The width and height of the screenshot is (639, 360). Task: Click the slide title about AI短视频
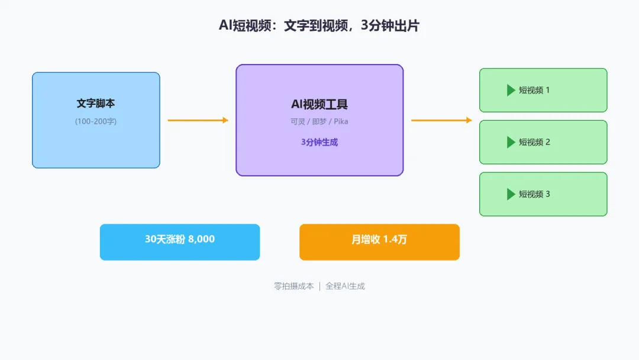point(319,26)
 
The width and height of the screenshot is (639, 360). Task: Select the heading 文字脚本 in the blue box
point(96,104)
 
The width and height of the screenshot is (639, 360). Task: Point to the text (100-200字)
point(96,121)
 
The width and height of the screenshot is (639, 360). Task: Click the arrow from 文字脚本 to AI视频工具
point(198,120)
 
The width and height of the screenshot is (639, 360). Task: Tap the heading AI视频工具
point(319,105)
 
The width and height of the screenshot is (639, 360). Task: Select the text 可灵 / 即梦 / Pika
point(319,122)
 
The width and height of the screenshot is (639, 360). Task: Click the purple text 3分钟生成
point(319,142)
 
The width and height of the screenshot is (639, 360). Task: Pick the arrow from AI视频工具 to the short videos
point(441,120)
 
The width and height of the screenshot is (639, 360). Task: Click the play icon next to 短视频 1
point(511,90)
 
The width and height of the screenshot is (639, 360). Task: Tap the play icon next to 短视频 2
point(511,142)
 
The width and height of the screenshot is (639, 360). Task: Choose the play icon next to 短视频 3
point(511,194)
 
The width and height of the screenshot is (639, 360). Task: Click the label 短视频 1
point(534,90)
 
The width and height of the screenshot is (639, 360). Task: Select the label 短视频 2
point(534,142)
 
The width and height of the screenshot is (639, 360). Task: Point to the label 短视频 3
point(534,194)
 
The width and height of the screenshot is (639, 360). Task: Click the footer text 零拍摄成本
point(293,286)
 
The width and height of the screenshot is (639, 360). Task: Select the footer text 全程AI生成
point(345,286)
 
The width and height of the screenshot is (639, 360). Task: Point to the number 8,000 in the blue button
point(201,239)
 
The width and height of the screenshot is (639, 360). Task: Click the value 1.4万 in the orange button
point(395,240)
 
